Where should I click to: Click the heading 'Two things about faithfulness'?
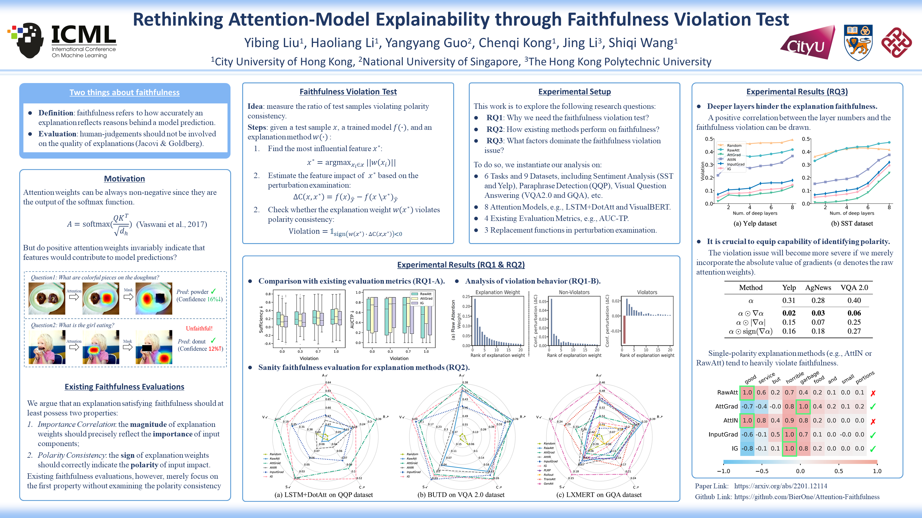[124, 92]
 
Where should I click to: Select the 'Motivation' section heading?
[124, 179]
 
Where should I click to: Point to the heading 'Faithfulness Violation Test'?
[348, 91]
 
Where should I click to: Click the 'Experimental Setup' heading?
[574, 91]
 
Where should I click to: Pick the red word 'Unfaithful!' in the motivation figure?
[199, 328]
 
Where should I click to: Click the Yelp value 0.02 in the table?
[788, 313]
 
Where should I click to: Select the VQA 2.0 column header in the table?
[854, 287]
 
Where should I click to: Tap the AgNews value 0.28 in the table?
[818, 300]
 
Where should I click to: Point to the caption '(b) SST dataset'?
[851, 223]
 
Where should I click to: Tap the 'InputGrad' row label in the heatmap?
[723, 434]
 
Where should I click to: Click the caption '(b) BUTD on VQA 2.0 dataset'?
[461, 495]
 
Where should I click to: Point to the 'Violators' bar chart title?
[647, 292]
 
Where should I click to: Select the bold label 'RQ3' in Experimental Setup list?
[494, 141]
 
